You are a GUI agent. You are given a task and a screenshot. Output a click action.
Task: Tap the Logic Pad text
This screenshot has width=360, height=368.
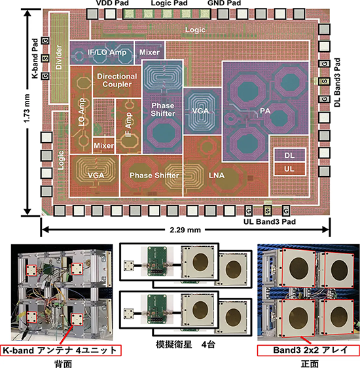click(166, 5)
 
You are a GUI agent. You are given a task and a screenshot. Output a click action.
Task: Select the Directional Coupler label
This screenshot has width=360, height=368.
click(117, 81)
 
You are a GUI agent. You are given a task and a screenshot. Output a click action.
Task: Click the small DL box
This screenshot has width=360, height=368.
click(290, 155)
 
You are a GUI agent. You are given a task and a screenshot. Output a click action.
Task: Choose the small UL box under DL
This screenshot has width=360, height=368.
click(290, 169)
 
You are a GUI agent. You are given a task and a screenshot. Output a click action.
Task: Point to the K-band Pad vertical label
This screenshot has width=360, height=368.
click(34, 59)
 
